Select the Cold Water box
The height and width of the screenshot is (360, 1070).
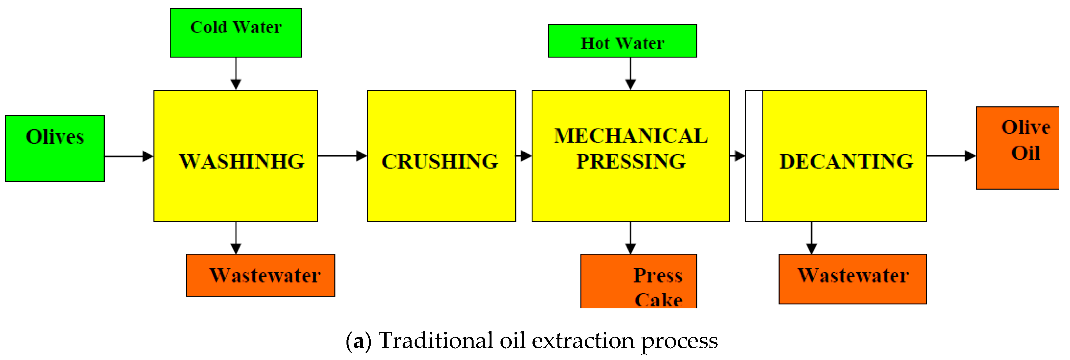(x=235, y=32)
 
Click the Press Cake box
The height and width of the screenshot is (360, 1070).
(x=639, y=281)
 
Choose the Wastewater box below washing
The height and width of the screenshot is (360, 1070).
(x=260, y=275)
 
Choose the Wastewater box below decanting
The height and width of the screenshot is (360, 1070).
(x=852, y=279)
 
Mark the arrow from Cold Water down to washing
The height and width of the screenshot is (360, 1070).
(x=235, y=74)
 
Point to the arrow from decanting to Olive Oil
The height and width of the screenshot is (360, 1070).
(x=951, y=156)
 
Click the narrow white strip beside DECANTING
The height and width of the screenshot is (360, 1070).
(x=754, y=156)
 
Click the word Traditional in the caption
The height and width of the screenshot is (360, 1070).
(x=435, y=341)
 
